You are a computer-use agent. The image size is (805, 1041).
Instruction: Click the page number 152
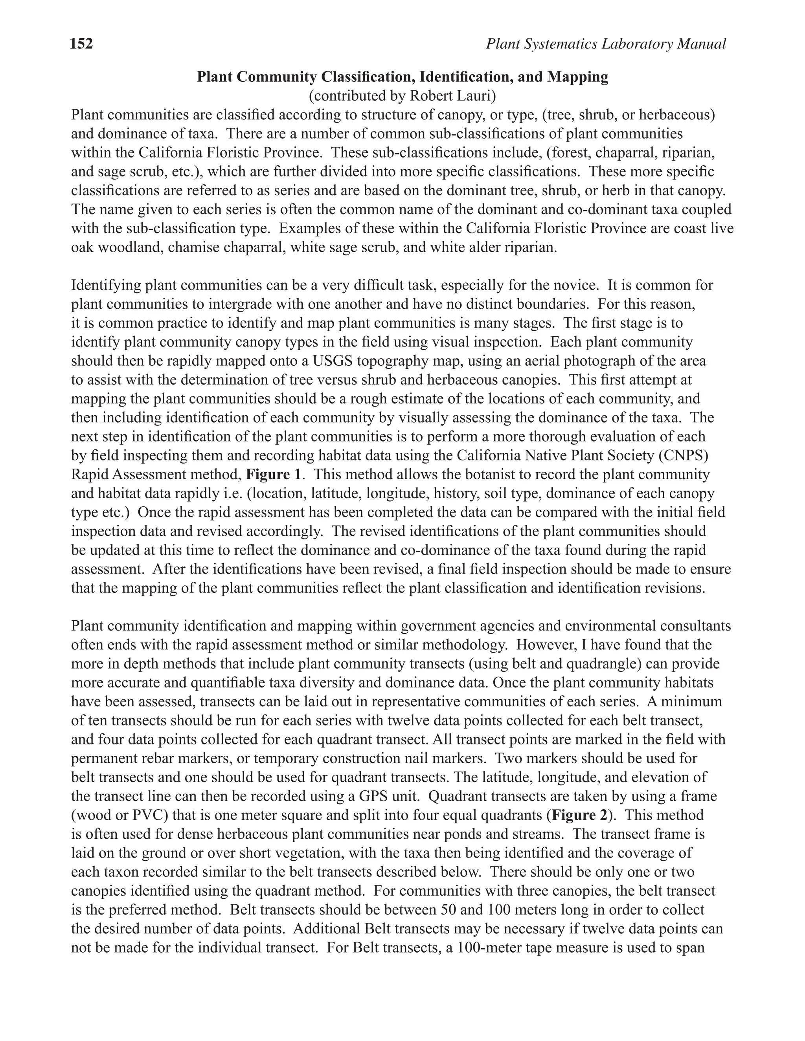click(x=81, y=44)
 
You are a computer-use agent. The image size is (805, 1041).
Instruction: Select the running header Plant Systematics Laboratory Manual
click(x=606, y=44)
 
